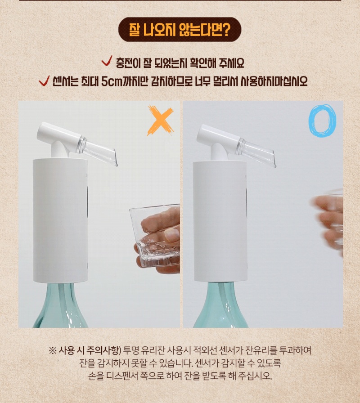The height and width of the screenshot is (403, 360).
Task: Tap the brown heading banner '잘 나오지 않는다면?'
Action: [180, 30]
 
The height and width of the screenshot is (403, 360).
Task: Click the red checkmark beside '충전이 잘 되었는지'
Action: [107, 61]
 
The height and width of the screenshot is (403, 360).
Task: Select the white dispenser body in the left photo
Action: [60, 220]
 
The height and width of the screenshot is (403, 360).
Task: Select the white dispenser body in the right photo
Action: [220, 221]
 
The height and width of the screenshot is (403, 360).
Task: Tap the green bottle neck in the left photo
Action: [60, 304]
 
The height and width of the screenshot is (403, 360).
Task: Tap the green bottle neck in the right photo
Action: [220, 304]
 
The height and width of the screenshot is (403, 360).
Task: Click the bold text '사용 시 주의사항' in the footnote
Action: [89, 350]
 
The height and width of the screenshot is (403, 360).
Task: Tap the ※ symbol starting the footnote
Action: [53, 350]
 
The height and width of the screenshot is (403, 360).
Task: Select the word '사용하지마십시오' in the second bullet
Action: [274, 81]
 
